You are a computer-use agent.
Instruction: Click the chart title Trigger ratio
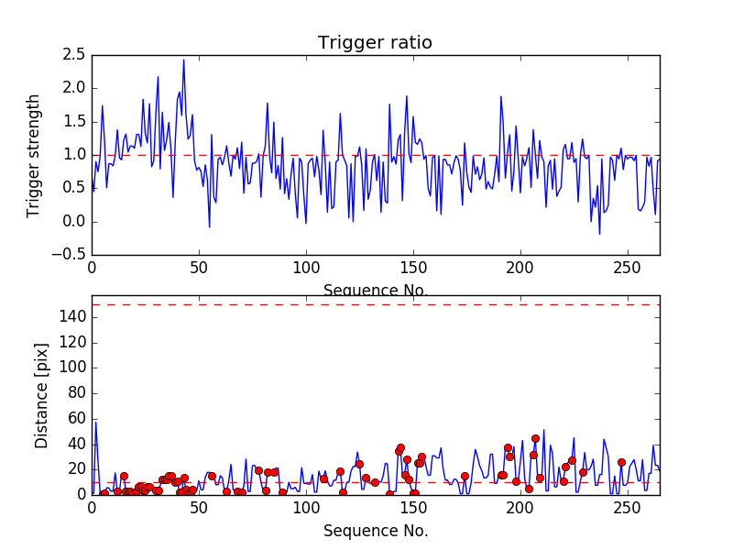[x=375, y=43]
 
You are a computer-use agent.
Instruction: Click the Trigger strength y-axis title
[x=34, y=155]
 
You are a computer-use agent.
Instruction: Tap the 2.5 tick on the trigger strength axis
[x=74, y=55]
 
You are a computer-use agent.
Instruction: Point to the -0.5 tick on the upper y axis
[x=71, y=255]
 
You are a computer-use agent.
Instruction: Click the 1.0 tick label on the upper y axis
[x=74, y=155]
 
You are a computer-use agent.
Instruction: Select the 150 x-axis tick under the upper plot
[x=413, y=269]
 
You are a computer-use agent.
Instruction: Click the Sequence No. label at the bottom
[x=375, y=531]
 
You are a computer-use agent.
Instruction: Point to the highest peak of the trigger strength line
[x=183, y=60]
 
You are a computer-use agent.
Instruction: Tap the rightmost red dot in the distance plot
[x=621, y=463]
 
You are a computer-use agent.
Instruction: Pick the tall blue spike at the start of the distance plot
[x=95, y=423]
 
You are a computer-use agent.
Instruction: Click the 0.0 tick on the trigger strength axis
[x=74, y=222]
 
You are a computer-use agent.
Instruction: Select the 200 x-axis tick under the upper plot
[x=520, y=269]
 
